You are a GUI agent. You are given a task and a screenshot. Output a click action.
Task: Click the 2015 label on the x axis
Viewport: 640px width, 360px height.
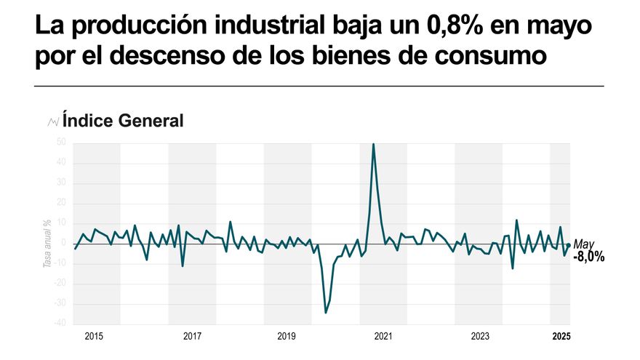click(x=94, y=336)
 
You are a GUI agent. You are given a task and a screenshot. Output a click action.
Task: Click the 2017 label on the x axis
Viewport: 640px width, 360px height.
click(x=192, y=336)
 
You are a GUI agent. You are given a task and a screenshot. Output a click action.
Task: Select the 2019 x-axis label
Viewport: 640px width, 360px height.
click(x=287, y=336)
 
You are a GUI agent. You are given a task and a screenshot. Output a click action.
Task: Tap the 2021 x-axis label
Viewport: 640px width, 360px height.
click(x=383, y=336)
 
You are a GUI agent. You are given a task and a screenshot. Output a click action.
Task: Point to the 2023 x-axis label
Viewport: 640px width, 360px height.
click(x=480, y=336)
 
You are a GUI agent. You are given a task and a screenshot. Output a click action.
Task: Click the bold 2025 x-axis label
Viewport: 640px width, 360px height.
click(x=561, y=336)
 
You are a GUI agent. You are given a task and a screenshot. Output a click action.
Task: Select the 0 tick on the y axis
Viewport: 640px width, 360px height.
click(x=65, y=243)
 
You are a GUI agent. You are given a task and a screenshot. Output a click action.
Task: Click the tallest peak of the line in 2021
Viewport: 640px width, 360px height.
click(x=374, y=144)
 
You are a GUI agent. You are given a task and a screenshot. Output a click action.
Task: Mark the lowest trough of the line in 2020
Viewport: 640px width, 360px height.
click(x=325, y=313)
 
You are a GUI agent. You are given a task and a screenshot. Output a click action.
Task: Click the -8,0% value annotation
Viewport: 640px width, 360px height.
click(x=588, y=257)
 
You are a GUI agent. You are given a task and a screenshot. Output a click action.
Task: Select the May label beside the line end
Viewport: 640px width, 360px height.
click(x=584, y=244)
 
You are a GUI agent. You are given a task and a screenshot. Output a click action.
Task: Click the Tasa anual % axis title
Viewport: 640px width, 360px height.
click(x=47, y=244)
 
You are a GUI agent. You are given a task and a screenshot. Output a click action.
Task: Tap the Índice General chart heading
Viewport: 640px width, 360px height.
click(x=122, y=121)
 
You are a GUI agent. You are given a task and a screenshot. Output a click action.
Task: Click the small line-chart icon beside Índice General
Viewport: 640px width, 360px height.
click(x=52, y=121)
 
